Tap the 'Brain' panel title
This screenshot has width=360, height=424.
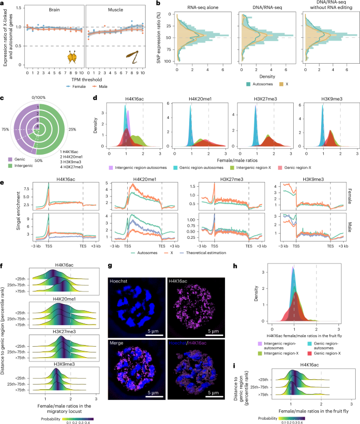coord(54,11)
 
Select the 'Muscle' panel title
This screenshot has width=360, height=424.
coord(115,11)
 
